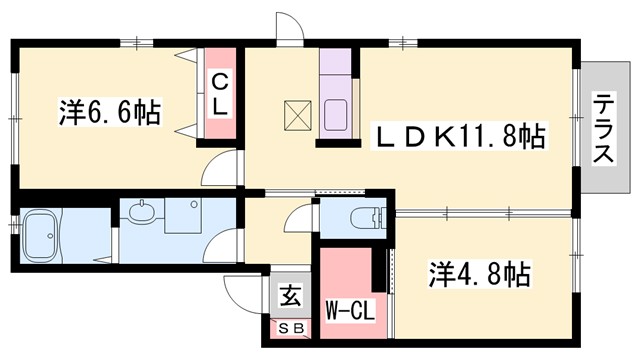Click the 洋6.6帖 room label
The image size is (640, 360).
pyautogui.click(x=110, y=113)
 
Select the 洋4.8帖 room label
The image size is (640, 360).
pyautogui.click(x=480, y=272)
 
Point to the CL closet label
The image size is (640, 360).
pyautogui.click(x=220, y=92)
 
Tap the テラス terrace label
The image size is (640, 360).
pyautogui.click(x=605, y=128)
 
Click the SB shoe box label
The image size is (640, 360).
pyautogui.click(x=291, y=326)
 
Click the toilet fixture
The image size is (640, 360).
pyautogui.click(x=367, y=217)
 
